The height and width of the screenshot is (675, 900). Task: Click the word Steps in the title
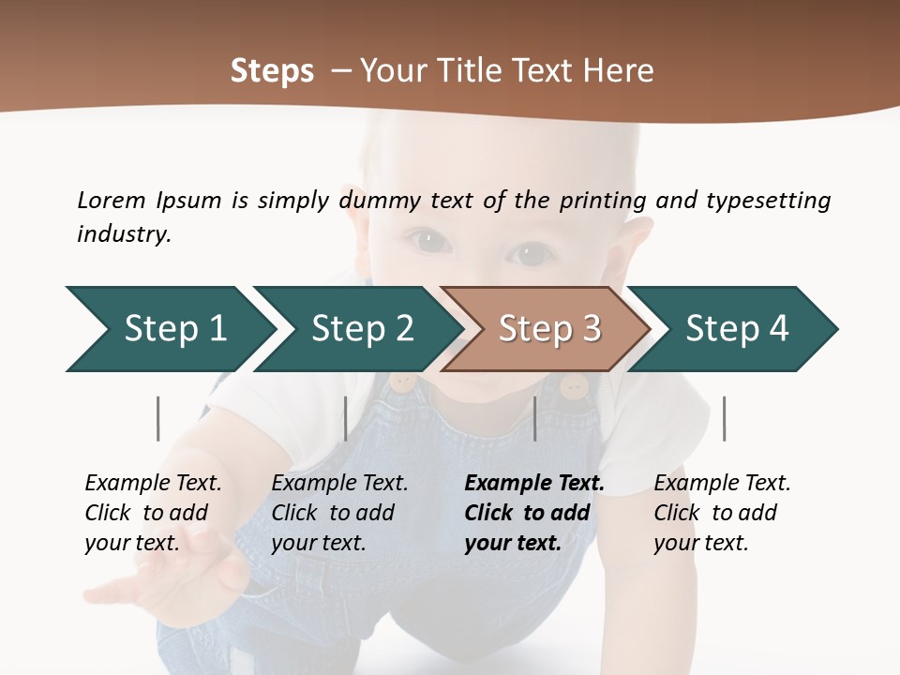tap(272, 71)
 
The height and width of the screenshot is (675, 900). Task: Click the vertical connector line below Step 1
tap(158, 418)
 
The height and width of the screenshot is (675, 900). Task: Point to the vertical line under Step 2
tap(346, 418)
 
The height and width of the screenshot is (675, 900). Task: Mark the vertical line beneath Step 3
tap(534, 418)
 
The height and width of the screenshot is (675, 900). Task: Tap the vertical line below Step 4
tap(724, 418)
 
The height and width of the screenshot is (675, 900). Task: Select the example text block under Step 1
tap(153, 512)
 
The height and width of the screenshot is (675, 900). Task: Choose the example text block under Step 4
tap(721, 512)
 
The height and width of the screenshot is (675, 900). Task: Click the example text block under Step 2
tap(339, 512)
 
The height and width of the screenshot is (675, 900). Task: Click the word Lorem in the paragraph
tap(111, 200)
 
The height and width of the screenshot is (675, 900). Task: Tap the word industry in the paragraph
tap(124, 234)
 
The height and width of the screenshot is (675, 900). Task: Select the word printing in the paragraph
tap(603, 201)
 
